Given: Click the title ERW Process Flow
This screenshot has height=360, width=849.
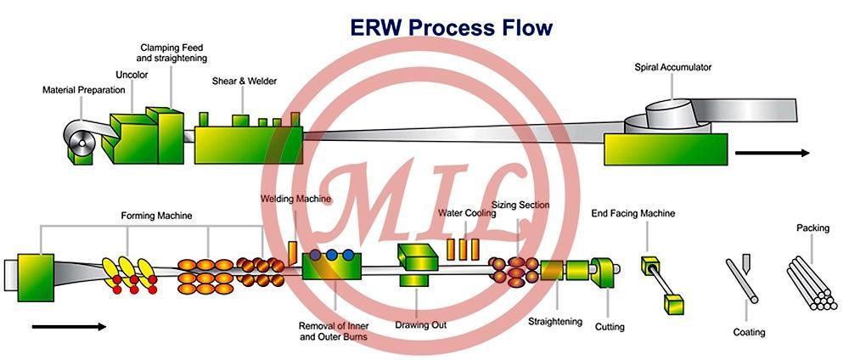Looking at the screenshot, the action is coord(452,28).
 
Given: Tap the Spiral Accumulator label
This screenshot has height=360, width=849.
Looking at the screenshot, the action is coord(673,68).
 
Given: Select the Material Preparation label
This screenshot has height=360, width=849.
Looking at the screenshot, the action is coord(84,90).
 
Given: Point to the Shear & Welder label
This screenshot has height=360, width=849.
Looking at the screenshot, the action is coord(245,82).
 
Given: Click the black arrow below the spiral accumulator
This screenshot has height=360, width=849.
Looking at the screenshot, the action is coord(772,153).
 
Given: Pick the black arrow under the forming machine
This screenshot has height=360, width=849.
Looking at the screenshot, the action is coord(69,326).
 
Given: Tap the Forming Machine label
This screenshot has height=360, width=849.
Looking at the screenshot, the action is coord(156,216).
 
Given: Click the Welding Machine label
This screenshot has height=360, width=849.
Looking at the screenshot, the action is coord(295,199).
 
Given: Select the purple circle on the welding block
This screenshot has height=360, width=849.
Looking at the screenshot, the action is coord(316,254).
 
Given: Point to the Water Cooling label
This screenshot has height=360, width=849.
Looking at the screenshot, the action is coord(467,213).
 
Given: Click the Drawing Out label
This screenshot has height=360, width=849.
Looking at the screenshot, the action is coord(421,325).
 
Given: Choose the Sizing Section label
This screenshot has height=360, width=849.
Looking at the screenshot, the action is coord(520,205).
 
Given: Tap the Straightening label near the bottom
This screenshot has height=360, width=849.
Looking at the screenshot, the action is coord(555,322).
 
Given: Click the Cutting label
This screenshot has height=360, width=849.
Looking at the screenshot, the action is coord(610,327).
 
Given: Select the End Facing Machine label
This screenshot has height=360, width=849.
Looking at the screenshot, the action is coord(633,213).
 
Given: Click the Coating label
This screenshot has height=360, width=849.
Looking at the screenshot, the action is coord(749,332).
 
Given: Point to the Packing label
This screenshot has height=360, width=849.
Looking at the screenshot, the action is coord(812,228).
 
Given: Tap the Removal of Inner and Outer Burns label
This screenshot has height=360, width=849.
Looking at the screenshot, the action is coord(334,331).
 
